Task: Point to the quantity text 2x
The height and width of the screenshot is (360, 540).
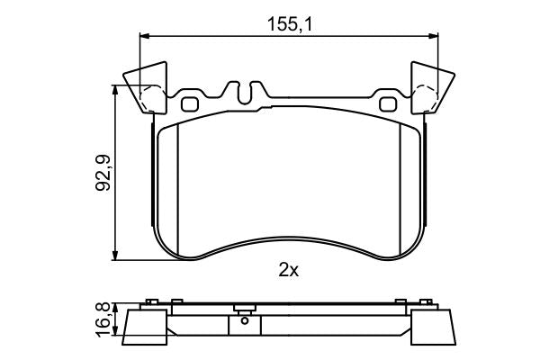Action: coord(288,269)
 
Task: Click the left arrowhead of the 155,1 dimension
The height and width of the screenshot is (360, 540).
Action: coord(142,37)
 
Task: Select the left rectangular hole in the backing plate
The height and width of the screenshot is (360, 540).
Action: coord(190,103)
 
